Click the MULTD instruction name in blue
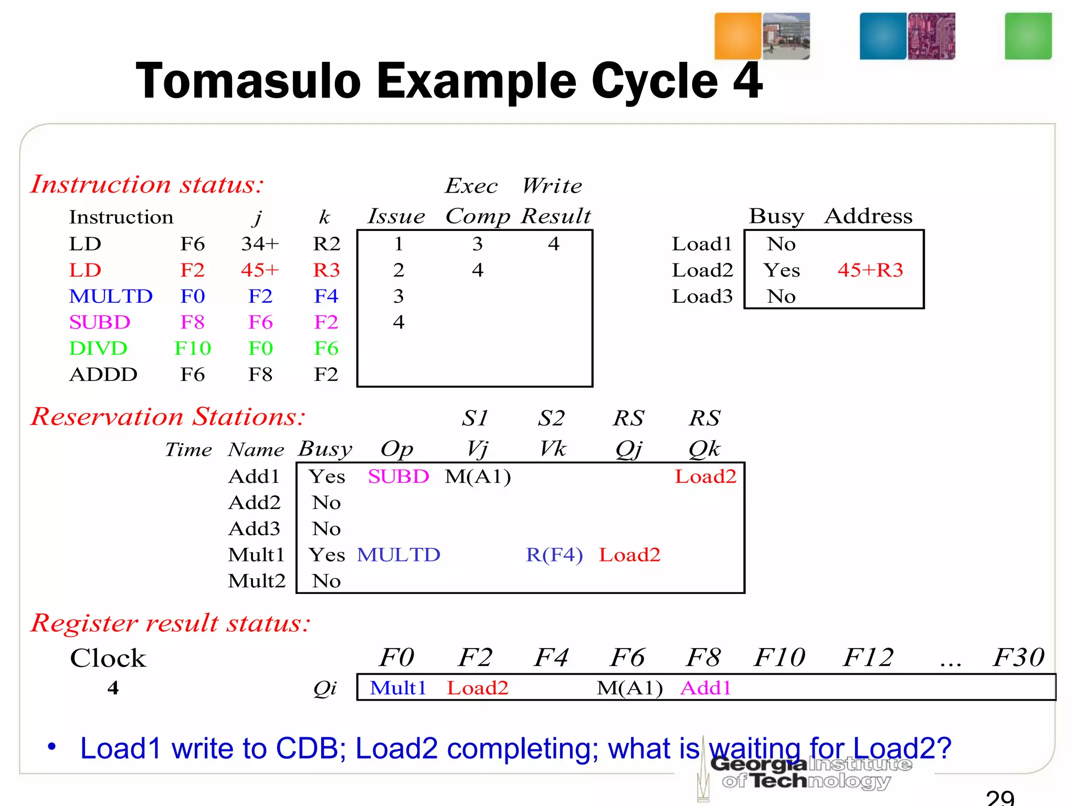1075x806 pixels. (111, 296)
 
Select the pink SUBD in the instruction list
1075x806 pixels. (99, 322)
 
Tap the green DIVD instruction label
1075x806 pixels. (98, 348)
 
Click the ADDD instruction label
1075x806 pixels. (103, 375)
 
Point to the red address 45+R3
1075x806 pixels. (870, 270)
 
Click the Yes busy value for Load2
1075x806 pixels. (782, 270)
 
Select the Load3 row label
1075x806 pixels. (702, 296)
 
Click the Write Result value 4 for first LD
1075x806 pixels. (554, 244)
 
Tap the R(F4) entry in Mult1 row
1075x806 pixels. (554, 555)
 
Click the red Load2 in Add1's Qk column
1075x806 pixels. (705, 476)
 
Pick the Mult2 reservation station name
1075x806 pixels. (257, 581)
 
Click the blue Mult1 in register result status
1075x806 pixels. (398, 687)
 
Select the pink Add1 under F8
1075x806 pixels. (705, 687)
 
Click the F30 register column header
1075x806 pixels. (1018, 657)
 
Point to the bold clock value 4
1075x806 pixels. (113, 687)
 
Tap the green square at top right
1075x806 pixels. (1028, 36)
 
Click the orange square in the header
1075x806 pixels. (737, 36)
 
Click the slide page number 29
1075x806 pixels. (999, 798)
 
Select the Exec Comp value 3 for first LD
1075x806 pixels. (477, 244)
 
